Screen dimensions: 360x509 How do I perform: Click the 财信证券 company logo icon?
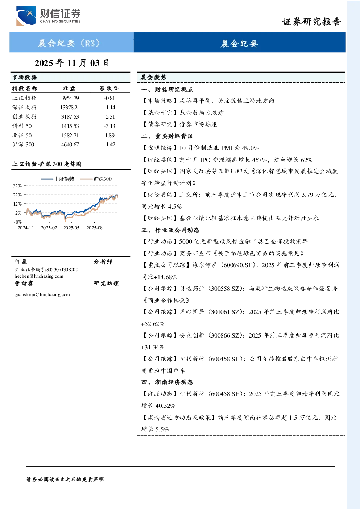click(x=26, y=16)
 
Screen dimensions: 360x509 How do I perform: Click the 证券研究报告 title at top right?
click(x=311, y=22)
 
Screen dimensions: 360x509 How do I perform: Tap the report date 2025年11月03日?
click(x=72, y=63)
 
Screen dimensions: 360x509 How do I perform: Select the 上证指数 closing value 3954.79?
click(x=70, y=98)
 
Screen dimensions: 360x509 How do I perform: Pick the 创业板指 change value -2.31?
click(x=109, y=117)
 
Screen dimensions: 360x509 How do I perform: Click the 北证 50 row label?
click(x=22, y=136)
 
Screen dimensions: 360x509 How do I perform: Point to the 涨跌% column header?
click(x=109, y=88)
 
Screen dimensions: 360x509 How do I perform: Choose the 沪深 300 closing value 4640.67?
click(x=70, y=145)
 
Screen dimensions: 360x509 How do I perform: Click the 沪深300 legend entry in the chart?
click(x=96, y=179)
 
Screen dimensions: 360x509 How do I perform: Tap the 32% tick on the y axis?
click(x=17, y=186)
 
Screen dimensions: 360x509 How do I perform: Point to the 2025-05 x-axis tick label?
click(x=71, y=228)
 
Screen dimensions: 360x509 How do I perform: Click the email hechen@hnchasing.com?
click(x=39, y=276)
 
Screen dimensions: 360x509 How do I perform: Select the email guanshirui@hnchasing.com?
click(x=42, y=295)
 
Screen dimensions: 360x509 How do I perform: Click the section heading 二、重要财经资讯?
click(x=167, y=136)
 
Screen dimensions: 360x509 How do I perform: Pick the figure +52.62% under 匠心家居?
click(x=153, y=324)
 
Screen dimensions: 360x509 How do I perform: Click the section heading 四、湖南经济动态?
click(x=167, y=382)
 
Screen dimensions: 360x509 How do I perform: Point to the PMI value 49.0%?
click(x=251, y=148)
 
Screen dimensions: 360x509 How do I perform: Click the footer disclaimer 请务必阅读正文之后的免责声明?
click(x=65, y=480)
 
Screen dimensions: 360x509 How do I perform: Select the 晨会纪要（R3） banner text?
click(x=69, y=43)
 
